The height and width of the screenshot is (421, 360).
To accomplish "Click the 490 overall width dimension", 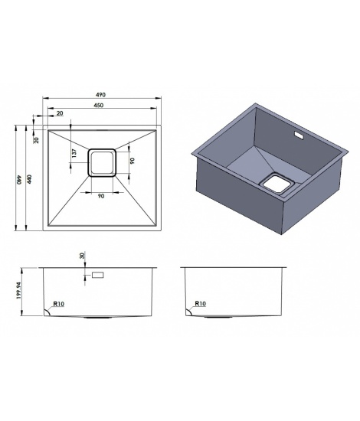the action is point(101,95).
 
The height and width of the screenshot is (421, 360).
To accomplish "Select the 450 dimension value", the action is point(99,106).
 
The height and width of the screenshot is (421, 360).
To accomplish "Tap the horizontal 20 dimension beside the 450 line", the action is point(60,113).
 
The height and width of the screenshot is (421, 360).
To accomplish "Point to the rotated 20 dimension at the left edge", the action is point(37,140).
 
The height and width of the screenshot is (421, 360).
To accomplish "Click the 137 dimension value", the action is point(74,153).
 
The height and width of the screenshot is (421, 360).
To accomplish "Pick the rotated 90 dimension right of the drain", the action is point(132,161).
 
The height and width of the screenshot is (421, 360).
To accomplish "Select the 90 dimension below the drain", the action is point(101,196).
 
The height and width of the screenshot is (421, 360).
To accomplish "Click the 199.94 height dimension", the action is point(18,290).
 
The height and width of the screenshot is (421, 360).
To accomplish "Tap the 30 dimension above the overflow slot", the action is point(82,255).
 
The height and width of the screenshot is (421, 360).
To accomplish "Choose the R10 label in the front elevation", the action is point(58,304).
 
